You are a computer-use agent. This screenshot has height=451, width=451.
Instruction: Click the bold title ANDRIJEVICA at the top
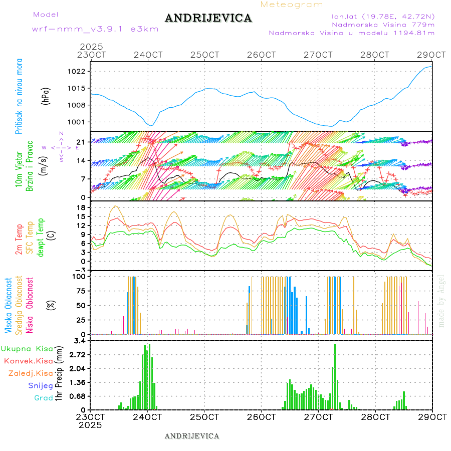click(208, 18)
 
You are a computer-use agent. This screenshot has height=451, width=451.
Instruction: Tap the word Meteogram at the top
click(292, 5)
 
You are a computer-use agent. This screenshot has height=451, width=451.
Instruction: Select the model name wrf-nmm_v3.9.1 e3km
click(95, 29)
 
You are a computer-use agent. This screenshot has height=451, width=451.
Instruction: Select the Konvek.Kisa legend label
click(29, 361)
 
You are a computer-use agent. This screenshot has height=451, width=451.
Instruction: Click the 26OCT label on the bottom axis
click(261, 417)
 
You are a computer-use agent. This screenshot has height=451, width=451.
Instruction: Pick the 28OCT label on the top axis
click(375, 55)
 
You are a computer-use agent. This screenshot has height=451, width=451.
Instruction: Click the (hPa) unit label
click(47, 96)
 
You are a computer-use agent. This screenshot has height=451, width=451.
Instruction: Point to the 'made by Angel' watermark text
click(441, 301)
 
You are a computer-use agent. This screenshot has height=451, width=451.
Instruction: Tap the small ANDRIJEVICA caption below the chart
click(192, 436)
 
